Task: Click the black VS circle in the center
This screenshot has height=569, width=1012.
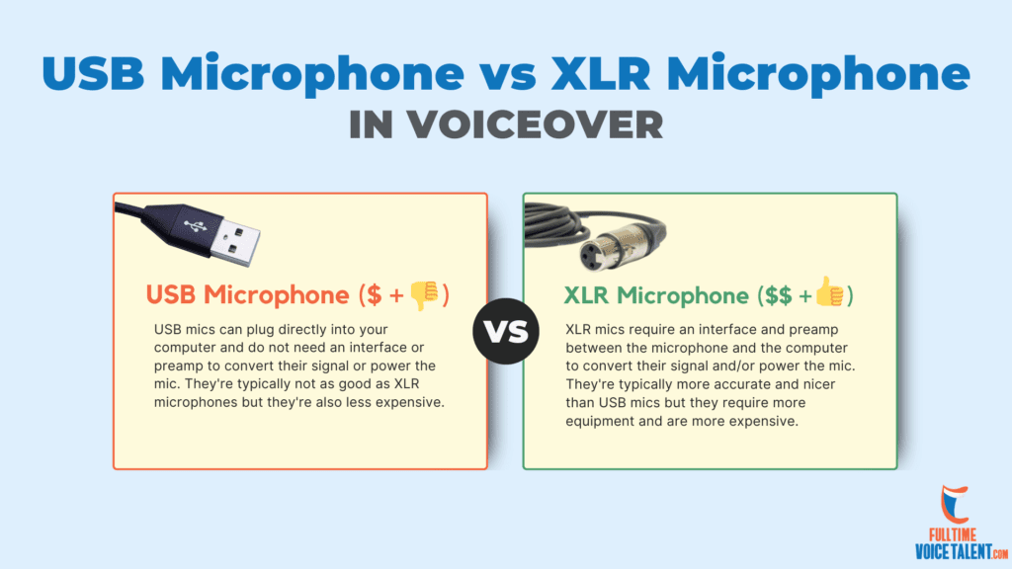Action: (x=506, y=331)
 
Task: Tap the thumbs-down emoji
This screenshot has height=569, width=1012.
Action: (x=424, y=294)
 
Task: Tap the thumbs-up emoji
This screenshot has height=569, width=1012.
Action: (x=829, y=291)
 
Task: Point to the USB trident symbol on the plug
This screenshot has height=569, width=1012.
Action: (x=195, y=226)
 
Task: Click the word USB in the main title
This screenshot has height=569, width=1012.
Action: (x=94, y=73)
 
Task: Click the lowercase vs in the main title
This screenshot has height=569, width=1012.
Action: (x=507, y=76)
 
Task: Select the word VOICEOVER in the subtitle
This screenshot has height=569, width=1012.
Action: (x=535, y=124)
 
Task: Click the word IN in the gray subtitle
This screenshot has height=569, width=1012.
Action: (x=372, y=124)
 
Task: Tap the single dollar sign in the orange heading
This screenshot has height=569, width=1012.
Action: (x=374, y=294)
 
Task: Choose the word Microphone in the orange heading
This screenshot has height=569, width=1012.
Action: (x=277, y=294)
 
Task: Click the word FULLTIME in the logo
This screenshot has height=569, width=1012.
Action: (x=953, y=534)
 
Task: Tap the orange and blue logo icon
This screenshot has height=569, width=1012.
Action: (x=954, y=504)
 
